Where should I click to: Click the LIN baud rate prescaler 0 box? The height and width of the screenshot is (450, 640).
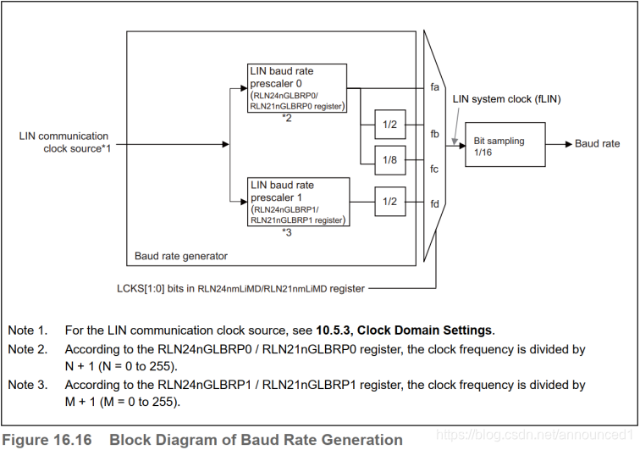point(297,88)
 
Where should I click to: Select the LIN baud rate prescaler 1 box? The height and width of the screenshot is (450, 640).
point(298,202)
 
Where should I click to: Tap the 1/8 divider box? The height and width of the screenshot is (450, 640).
point(390,160)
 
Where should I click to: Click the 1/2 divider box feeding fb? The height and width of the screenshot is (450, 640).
point(390,125)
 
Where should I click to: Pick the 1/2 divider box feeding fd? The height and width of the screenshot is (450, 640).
point(390,202)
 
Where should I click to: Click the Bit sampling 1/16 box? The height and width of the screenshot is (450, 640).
point(505,144)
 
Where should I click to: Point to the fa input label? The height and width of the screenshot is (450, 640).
point(434,87)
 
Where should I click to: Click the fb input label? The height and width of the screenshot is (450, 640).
point(434,134)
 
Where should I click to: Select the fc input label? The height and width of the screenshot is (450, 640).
point(434,169)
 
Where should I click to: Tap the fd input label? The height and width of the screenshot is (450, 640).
point(434,203)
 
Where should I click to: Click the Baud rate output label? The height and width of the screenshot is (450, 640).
point(597,143)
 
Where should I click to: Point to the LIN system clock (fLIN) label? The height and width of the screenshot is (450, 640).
point(506,99)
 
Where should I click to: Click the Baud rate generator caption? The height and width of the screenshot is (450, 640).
point(181,256)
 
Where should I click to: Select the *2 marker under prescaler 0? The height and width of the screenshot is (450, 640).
point(287,118)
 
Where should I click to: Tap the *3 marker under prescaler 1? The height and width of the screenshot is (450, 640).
point(287,232)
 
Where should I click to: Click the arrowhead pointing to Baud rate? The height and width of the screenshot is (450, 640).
point(569,144)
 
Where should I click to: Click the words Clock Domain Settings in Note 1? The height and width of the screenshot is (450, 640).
point(424,331)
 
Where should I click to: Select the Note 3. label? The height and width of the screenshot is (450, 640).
point(28,385)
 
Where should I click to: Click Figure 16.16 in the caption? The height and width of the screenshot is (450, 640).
point(47,440)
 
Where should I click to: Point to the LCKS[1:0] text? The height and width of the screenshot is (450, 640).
point(141,288)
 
